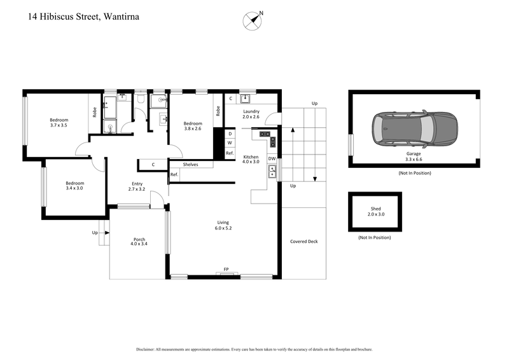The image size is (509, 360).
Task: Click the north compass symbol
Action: [x=253, y=20]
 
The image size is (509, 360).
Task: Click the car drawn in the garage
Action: [x=414, y=128]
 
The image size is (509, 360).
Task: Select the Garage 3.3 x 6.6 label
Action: [x=414, y=157]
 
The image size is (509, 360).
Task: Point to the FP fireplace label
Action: [x=226, y=270]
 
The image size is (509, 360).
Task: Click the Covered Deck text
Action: [x=303, y=241]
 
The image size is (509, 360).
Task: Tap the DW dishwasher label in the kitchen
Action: [x=272, y=158]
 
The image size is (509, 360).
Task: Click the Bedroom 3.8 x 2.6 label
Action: [x=193, y=127]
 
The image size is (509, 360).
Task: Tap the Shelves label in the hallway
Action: [x=190, y=165]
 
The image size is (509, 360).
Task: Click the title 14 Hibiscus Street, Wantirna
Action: [x=83, y=17]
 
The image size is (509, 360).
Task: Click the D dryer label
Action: [x=230, y=134]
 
